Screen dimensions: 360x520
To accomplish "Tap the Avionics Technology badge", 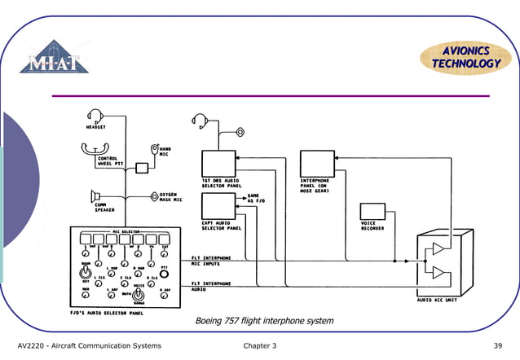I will (461, 57).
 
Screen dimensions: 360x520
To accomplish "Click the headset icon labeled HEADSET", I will (96, 116).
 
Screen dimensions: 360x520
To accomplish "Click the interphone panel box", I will (316, 164).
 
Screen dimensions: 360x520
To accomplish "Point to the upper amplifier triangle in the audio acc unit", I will (439, 248).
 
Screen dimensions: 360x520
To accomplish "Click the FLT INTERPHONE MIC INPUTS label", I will (211, 261).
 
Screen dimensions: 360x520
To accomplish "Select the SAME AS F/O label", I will (253, 198).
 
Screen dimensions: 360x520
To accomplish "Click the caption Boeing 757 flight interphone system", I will (264, 321).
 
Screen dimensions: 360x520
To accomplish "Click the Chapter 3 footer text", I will (260, 346).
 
